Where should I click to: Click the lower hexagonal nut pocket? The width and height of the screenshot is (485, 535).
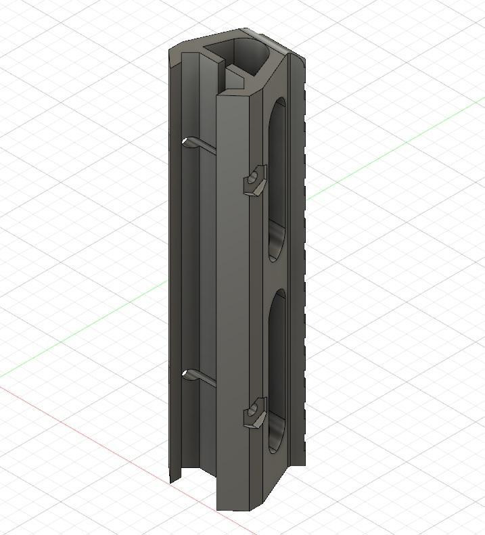pos(255,413)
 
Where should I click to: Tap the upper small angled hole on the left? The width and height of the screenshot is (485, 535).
pos(190,142)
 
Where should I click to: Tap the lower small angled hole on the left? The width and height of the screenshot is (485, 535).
pos(190,373)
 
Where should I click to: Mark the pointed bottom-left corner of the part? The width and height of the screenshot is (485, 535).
pos(171,481)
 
